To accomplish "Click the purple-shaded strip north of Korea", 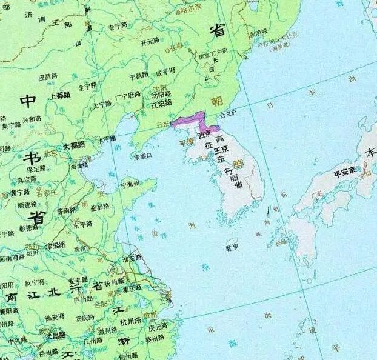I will point(193,119).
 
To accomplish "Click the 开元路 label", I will point(150,42).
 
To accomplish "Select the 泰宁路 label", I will point(118,25).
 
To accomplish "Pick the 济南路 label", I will point(67,210).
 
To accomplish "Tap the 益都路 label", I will point(99,207).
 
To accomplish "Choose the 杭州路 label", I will point(130,322).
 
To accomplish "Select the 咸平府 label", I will point(165,73).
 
